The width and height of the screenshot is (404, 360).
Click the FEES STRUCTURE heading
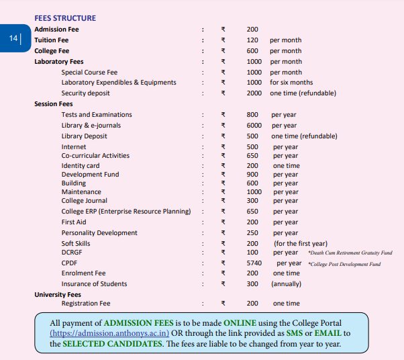64,18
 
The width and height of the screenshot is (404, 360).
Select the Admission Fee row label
56,30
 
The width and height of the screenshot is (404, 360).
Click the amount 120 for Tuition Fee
252,40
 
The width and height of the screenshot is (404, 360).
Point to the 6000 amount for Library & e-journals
254,126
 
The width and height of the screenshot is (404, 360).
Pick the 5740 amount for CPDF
254,263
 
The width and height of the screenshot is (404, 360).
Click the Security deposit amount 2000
254,93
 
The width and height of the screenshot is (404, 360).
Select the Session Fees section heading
53,104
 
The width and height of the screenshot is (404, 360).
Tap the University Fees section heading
58,294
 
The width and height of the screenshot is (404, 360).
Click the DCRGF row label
71,253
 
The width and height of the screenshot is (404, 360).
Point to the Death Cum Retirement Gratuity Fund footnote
350,253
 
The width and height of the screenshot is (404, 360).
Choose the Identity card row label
80,166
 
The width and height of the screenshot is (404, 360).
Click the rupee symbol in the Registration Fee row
223,304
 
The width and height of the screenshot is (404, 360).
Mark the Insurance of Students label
94,284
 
